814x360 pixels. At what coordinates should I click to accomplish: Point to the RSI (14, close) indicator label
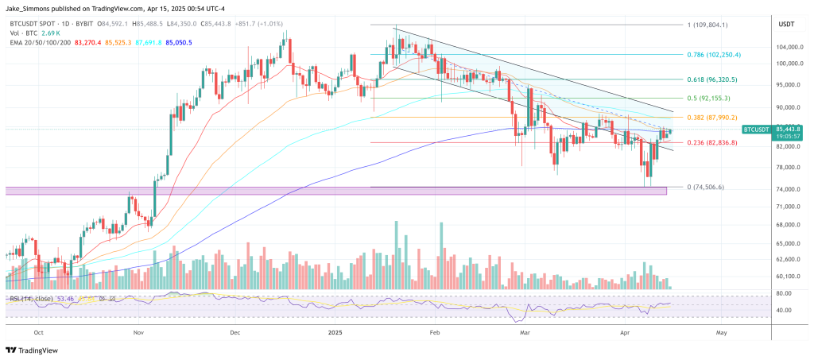33,298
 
